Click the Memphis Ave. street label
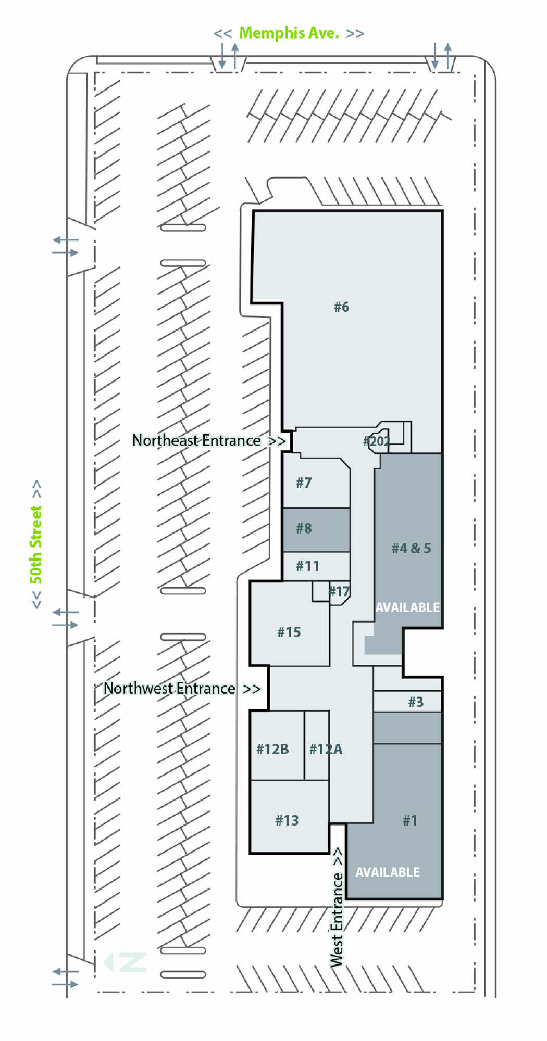289,33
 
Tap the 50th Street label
35,544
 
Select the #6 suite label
341,307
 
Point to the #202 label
377,441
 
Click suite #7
304,483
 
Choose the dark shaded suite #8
304,529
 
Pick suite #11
307,566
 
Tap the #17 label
339,592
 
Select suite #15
289,632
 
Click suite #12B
272,750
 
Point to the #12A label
326,750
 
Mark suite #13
287,821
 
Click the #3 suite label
416,702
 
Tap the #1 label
410,821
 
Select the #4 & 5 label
411,548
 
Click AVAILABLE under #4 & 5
407,607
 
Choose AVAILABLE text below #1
388,872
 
